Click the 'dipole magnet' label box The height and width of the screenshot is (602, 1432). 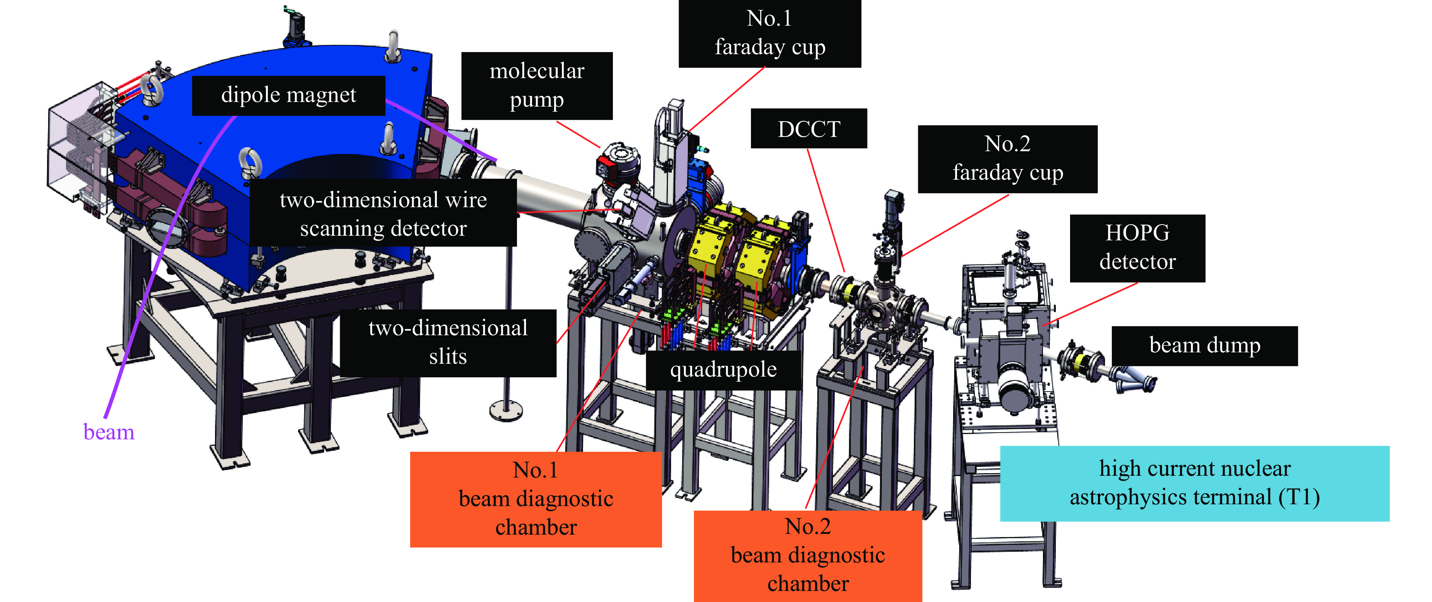pos(288,95)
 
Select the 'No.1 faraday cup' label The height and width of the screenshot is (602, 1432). pos(769,34)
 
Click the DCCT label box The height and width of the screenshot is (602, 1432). pos(808,128)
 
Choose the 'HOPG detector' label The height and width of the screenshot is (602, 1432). pos(1137,248)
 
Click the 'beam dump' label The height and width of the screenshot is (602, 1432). pos(1204,346)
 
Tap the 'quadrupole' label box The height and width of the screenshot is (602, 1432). pos(723,369)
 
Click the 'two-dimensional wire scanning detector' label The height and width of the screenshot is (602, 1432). pos(383,214)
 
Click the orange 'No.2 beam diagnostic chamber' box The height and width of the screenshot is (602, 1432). pos(807,555)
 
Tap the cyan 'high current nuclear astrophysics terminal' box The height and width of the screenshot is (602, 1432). pos(1194,483)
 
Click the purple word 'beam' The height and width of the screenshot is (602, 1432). pos(109,432)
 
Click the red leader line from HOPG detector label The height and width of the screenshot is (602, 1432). pos(1090,304)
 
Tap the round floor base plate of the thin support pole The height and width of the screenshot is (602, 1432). pos(506,410)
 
